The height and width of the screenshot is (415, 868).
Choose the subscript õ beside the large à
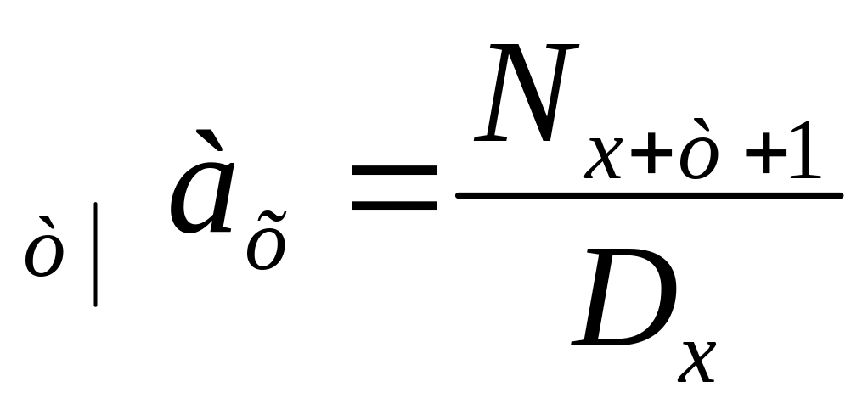266,246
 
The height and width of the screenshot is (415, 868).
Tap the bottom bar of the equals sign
394,206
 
